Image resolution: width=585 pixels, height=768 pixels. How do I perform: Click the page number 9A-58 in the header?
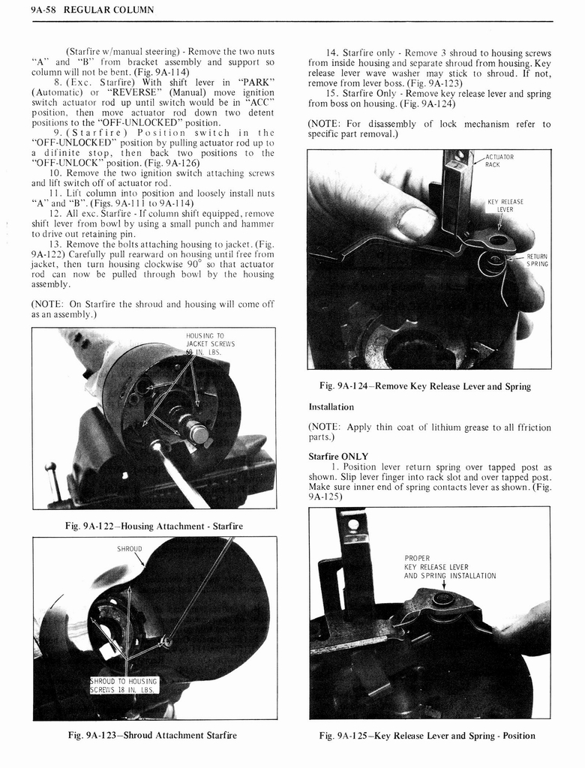pyautogui.click(x=22, y=10)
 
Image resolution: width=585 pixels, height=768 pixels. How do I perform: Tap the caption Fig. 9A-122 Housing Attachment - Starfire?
pyautogui.click(x=155, y=526)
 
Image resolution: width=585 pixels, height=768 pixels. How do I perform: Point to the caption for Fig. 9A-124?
pyautogui.click(x=424, y=386)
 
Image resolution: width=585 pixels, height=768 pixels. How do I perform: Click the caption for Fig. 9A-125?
pyautogui.click(x=427, y=735)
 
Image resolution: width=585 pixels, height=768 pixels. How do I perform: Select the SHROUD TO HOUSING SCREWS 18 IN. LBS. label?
pyautogui.click(x=123, y=685)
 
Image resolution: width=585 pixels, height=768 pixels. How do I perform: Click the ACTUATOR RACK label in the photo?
pyautogui.click(x=499, y=160)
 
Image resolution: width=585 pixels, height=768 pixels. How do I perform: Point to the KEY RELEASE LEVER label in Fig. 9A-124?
pyautogui.click(x=505, y=205)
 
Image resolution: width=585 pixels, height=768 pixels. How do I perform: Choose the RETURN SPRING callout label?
pyautogui.click(x=536, y=260)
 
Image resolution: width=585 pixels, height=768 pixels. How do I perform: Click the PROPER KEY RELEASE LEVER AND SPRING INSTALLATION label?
pyautogui.click(x=449, y=567)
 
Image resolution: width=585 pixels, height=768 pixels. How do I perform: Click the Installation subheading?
pyautogui.click(x=331, y=406)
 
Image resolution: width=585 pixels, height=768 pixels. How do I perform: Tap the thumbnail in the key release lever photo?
pyautogui.click(x=415, y=222)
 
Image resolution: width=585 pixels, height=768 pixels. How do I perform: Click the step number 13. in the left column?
pyautogui.click(x=55, y=244)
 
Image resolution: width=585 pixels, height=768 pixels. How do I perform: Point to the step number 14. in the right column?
pyautogui.click(x=331, y=52)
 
